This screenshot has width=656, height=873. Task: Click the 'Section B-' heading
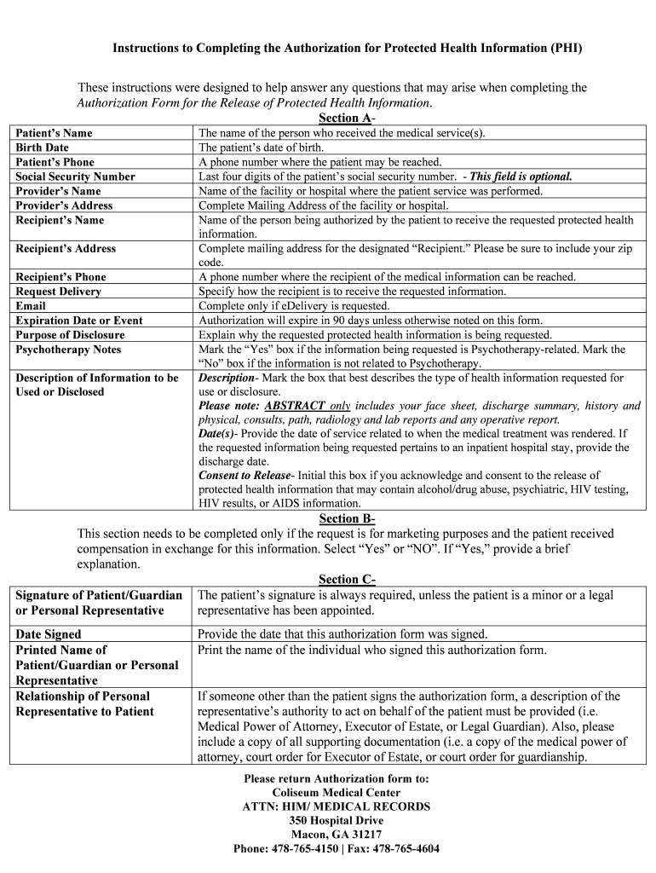(347, 519)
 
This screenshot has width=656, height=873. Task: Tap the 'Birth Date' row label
(43, 147)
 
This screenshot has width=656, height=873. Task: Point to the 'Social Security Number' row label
(76, 176)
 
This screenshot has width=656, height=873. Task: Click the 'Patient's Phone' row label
(55, 162)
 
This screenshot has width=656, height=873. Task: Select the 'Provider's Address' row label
(64, 205)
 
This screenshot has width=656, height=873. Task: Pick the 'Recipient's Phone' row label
(61, 277)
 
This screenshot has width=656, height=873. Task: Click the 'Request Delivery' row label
(59, 292)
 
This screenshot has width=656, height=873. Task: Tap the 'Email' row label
(31, 306)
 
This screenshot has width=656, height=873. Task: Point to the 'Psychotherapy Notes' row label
(69, 350)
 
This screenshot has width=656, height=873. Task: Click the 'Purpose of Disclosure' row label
(70, 335)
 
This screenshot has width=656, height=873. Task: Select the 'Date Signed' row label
(49, 634)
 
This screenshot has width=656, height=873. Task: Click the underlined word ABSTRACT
(295, 407)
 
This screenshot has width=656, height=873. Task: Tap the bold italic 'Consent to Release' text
(244, 476)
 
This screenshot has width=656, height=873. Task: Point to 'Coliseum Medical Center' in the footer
(336, 792)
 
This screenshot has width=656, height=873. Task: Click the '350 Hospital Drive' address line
(336, 820)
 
